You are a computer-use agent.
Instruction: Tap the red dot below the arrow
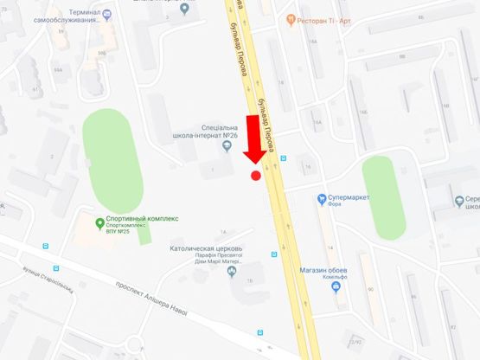coord(256,176)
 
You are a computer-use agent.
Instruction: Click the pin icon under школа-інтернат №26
coord(227,147)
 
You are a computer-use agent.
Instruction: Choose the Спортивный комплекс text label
coord(142,219)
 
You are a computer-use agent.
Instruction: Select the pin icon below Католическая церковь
coord(231,271)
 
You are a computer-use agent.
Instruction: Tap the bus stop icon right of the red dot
coord(284,158)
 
